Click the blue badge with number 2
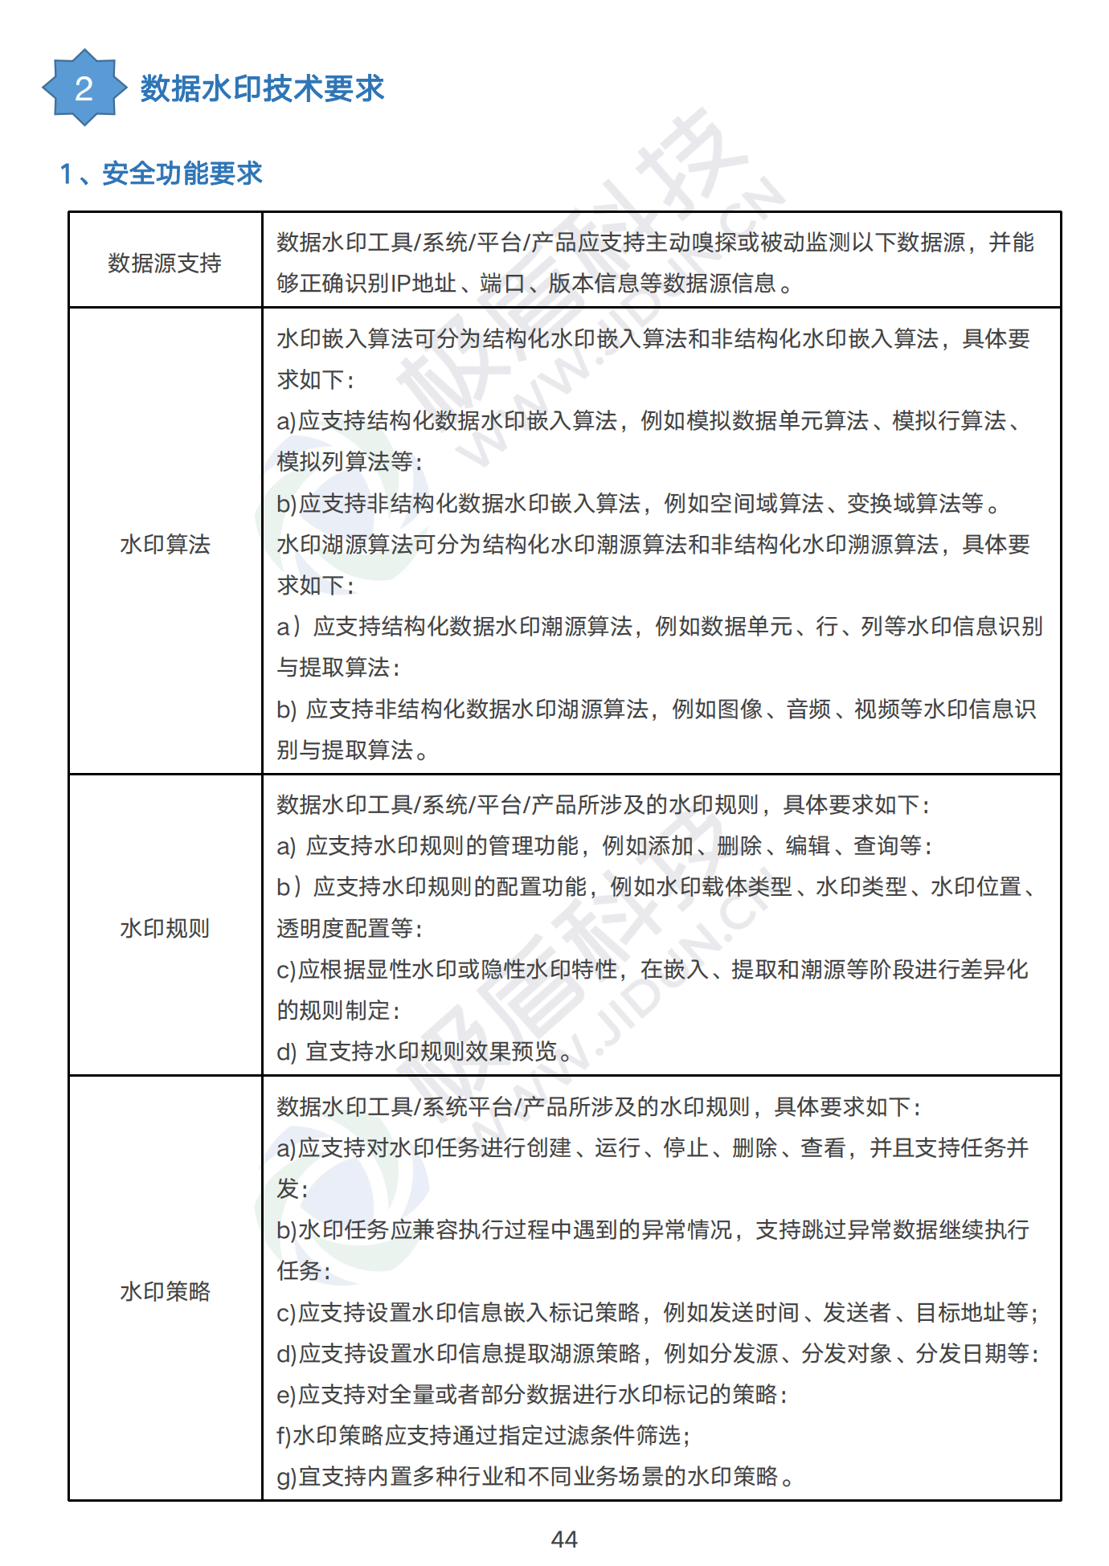point(84,88)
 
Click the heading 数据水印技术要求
point(262,88)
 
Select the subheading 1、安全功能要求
point(162,174)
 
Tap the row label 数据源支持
point(165,263)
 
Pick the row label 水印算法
point(165,545)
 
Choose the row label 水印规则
point(165,929)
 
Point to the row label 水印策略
point(165,1291)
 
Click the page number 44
point(564,1539)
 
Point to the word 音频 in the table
point(808,709)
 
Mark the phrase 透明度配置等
point(345,929)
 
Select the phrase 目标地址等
point(972,1313)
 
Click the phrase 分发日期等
point(972,1354)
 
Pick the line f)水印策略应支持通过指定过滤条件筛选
point(482,1436)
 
